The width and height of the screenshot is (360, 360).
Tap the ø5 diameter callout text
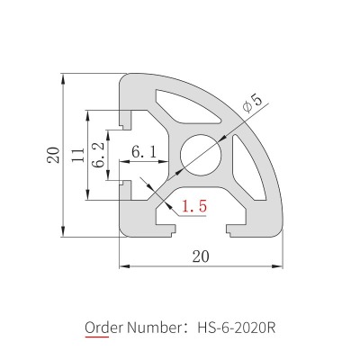tap(252, 103)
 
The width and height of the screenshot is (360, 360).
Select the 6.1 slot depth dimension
tap(144, 152)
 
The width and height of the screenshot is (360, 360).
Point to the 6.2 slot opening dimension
tap(99, 155)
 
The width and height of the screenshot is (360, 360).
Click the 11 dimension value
tap(78, 155)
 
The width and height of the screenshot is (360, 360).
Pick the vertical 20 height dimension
tap(53, 155)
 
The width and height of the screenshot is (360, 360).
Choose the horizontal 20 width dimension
tap(201, 256)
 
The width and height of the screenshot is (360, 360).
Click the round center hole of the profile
tap(201, 155)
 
